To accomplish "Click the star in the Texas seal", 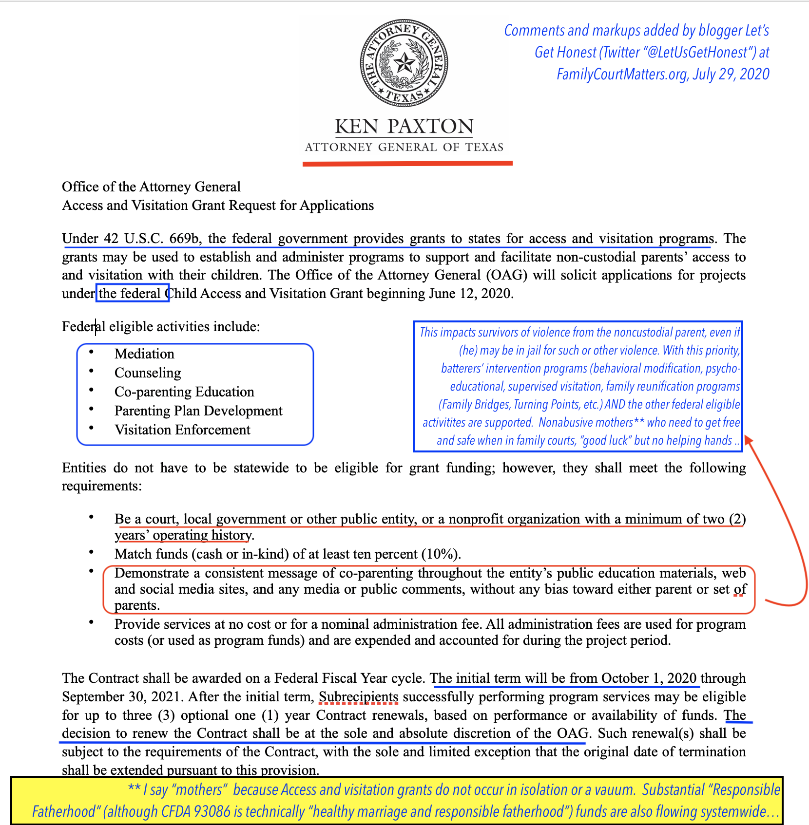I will click(404, 63).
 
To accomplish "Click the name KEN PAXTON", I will click(404, 127).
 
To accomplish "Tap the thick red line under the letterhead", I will click(407, 164).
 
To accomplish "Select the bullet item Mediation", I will click(144, 354).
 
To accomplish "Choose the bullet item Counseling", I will click(148, 373).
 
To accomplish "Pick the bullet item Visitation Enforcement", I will click(182, 430).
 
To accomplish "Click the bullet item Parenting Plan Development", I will click(198, 411).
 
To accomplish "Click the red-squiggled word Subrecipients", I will click(358, 696).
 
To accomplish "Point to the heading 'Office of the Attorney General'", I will click(151, 187).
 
